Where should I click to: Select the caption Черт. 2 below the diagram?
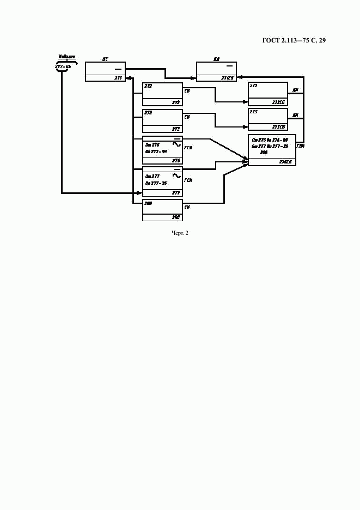[x=180, y=233]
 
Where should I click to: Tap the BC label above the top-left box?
[x=105, y=58]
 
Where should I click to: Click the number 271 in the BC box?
[x=118, y=78]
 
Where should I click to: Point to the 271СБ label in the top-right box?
[x=227, y=78]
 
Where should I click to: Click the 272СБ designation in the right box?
[x=279, y=102]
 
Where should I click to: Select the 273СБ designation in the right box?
[x=279, y=127]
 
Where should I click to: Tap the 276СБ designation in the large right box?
[x=285, y=162]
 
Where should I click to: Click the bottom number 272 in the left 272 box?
[x=175, y=102]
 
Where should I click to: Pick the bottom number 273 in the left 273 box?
[x=175, y=129]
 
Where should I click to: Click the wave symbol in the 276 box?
[x=176, y=145]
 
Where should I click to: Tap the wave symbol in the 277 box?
[x=176, y=175]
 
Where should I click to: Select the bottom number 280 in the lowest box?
[x=175, y=217]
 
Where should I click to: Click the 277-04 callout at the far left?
[x=63, y=66]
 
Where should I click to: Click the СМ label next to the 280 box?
[x=187, y=207]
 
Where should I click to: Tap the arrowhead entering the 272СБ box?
[x=246, y=102]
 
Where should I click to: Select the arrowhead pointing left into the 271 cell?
[x=129, y=78]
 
